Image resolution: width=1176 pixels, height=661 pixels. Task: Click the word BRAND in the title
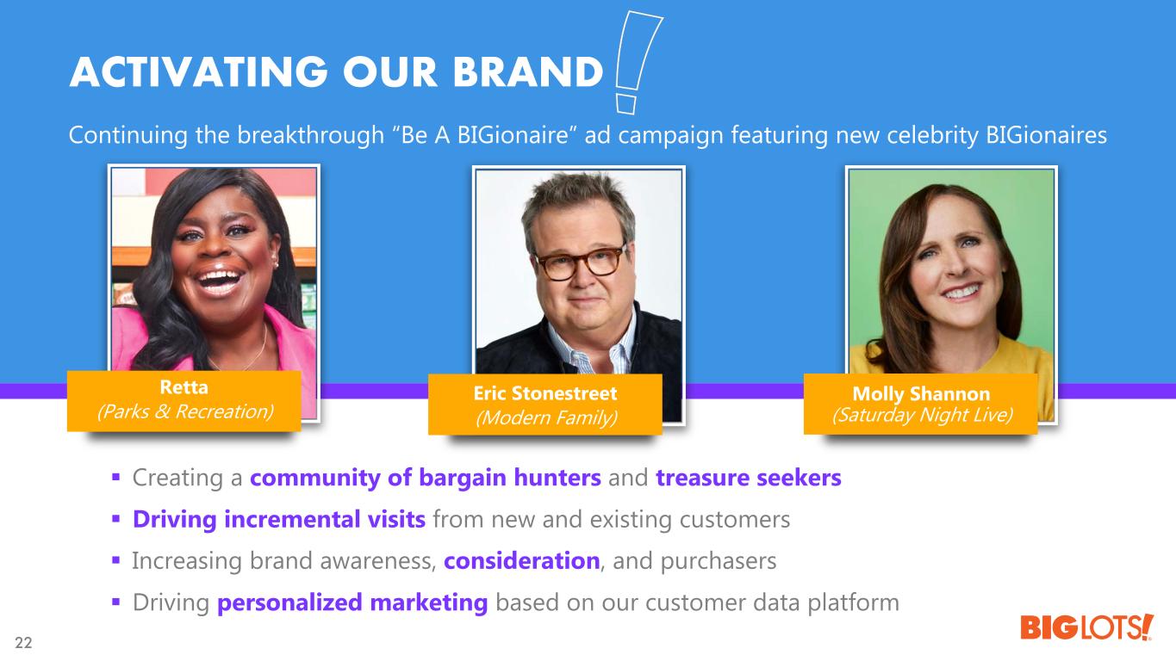(x=527, y=71)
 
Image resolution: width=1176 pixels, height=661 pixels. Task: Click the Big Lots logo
(x=1086, y=627)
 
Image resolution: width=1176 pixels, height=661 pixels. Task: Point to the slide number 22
(x=23, y=642)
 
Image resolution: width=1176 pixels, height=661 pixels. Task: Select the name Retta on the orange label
(x=184, y=387)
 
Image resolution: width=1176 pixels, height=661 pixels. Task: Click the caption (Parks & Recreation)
(x=184, y=411)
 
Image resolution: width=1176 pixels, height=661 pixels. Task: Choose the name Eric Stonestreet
(x=545, y=393)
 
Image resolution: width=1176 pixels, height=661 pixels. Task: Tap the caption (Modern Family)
(x=546, y=418)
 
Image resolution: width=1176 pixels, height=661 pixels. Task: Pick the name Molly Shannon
(x=921, y=393)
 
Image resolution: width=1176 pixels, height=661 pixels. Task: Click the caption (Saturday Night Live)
(x=922, y=415)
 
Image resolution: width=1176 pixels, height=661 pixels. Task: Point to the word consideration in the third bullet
(x=522, y=561)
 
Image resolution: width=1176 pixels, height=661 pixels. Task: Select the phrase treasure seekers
(x=749, y=478)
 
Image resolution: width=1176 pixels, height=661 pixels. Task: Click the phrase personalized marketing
(x=352, y=602)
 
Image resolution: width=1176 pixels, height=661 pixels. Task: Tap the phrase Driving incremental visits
(x=279, y=519)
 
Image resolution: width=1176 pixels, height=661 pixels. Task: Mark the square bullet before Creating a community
(x=116, y=478)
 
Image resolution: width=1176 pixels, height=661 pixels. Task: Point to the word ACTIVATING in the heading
(x=199, y=71)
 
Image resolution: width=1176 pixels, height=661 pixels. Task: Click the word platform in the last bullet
(x=853, y=603)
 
